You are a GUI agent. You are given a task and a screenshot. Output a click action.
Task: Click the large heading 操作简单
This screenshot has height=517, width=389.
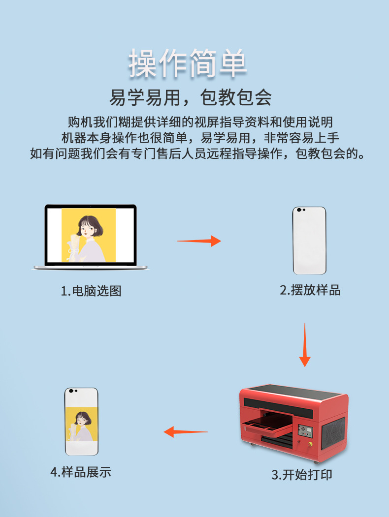[x=188, y=63]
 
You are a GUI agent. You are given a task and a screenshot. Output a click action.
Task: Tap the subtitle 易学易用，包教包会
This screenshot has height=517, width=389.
[x=190, y=97]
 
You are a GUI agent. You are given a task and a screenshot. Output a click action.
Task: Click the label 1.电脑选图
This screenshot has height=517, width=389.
[x=91, y=291]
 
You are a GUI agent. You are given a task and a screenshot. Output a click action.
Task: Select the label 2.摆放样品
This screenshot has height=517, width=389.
[x=310, y=290]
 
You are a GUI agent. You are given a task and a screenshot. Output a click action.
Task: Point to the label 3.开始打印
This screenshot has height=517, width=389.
[x=302, y=475]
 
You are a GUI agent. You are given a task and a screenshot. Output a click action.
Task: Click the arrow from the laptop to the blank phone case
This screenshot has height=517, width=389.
[x=199, y=241]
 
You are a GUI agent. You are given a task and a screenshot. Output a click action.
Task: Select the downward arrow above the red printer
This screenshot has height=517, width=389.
[x=305, y=345]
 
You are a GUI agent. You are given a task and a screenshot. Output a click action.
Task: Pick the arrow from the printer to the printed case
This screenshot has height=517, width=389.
[x=186, y=432]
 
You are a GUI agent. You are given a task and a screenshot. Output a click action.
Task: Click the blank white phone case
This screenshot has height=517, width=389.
[x=309, y=241]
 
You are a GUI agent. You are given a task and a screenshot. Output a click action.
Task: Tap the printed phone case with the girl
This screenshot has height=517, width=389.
[x=82, y=422]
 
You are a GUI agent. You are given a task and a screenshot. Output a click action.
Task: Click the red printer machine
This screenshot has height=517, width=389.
[x=293, y=423]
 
